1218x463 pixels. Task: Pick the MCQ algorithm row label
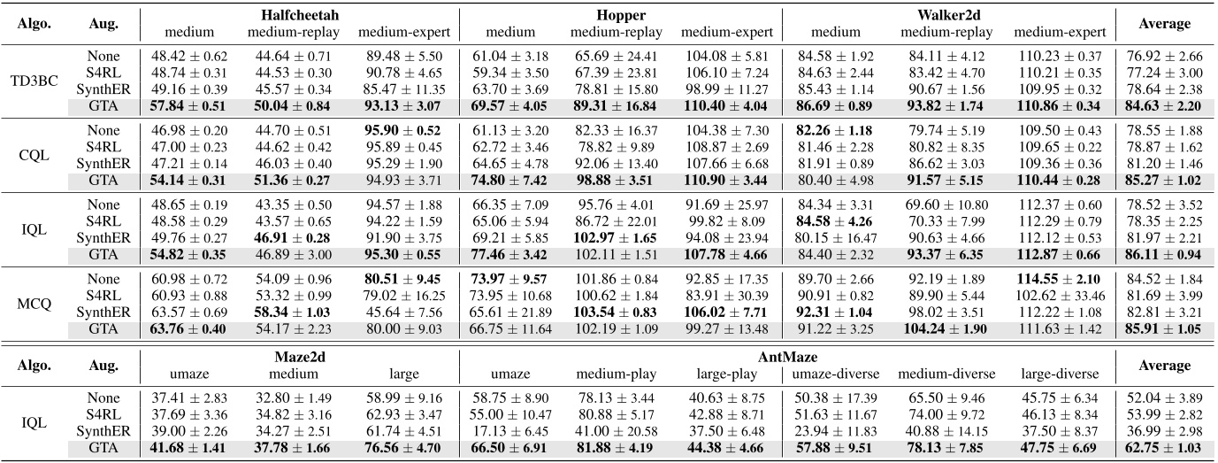pos(35,304)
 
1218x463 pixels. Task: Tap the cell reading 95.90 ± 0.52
pos(403,131)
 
